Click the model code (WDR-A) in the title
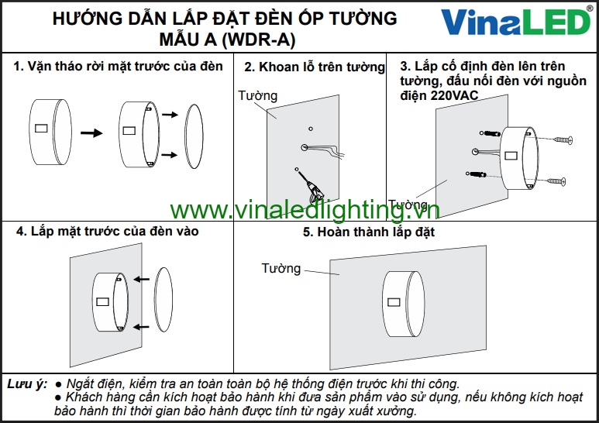[x=259, y=39]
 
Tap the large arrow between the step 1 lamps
[x=91, y=132]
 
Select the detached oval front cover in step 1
[x=194, y=136]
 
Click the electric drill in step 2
[x=312, y=190]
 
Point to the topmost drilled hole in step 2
[x=311, y=129]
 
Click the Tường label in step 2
[x=257, y=95]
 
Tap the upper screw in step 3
[x=563, y=140]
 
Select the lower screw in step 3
[x=556, y=181]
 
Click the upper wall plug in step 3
[x=491, y=133]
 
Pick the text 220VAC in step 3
[x=455, y=95]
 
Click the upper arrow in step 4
[x=141, y=280]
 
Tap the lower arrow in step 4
[x=141, y=327]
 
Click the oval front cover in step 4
[x=164, y=299]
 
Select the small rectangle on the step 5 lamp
[x=394, y=302]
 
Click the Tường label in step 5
[x=281, y=268]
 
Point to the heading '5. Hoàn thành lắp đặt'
[x=369, y=232]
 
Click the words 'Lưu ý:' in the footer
[x=27, y=383]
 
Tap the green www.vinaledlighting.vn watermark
[x=305, y=210]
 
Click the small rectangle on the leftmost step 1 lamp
[x=41, y=128]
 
